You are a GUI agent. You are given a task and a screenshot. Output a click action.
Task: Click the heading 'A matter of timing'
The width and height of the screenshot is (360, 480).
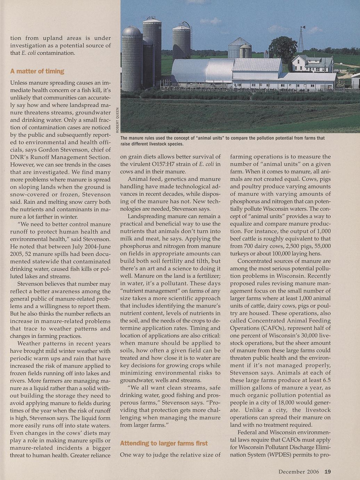(x=37, y=71)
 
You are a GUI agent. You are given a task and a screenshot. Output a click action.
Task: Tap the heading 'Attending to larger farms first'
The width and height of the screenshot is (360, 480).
(x=164, y=443)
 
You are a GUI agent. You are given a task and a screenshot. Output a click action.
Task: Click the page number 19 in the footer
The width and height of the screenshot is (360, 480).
(x=328, y=472)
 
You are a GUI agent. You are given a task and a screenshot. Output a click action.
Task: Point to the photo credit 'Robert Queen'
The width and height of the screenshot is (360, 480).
(x=118, y=119)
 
